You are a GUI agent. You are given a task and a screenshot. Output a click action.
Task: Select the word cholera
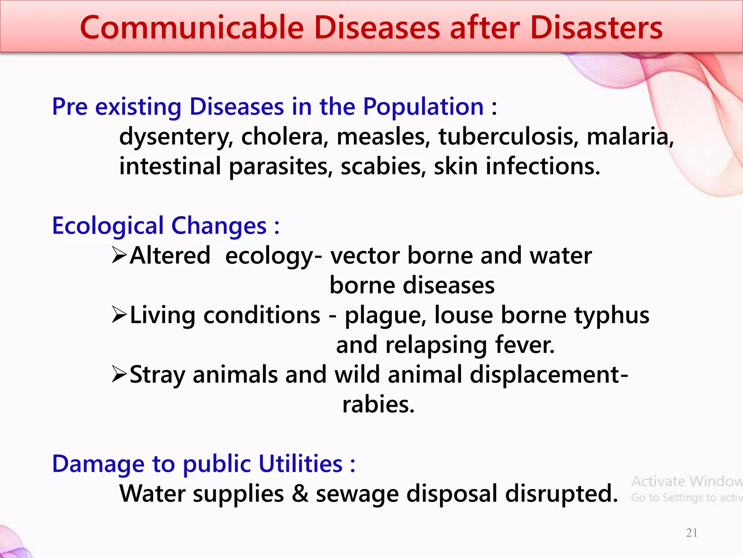284,137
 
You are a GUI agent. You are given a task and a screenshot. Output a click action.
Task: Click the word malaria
630,137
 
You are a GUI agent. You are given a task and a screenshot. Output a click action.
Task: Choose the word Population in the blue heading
423,107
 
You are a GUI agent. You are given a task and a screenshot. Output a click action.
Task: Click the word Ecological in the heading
108,226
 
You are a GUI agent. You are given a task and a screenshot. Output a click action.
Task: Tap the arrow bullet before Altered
119,255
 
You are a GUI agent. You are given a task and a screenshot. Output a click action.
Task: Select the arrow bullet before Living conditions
119,315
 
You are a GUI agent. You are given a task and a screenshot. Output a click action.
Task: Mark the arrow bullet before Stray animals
119,374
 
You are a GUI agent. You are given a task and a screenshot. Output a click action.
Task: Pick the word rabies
378,404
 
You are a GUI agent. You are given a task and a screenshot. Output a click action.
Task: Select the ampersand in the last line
300,494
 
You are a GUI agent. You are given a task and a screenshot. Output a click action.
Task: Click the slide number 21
691,533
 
